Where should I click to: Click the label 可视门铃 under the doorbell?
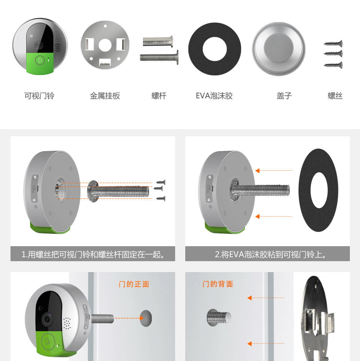pyautogui.click(x=39, y=96)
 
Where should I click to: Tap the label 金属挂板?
pyautogui.click(x=105, y=96)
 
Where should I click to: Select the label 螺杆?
pyautogui.click(x=159, y=96)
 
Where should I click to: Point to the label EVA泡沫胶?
pyautogui.click(x=214, y=96)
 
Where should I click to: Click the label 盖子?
pyautogui.click(x=284, y=96)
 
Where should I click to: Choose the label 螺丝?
pyautogui.click(x=335, y=96)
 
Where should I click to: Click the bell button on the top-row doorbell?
pyautogui.click(x=40, y=60)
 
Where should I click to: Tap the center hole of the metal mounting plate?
pyautogui.click(x=105, y=45)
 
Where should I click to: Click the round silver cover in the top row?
pyautogui.click(x=279, y=49)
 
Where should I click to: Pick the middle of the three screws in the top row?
pyautogui.click(x=333, y=54)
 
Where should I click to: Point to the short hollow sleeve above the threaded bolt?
pyautogui.click(x=158, y=41)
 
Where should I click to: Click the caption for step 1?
pyautogui.click(x=93, y=254)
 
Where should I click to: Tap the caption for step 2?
pyautogui.click(x=270, y=254)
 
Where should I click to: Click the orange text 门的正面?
pyautogui.click(x=134, y=284)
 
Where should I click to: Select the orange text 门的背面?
pyautogui.click(x=217, y=284)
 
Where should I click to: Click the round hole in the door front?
pyautogui.click(x=146, y=318)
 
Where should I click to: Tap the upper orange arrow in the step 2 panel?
pyautogui.click(x=273, y=171)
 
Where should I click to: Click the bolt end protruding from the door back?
pyautogui.click(x=219, y=317)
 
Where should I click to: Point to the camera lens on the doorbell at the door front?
pyautogui.click(x=48, y=319)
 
